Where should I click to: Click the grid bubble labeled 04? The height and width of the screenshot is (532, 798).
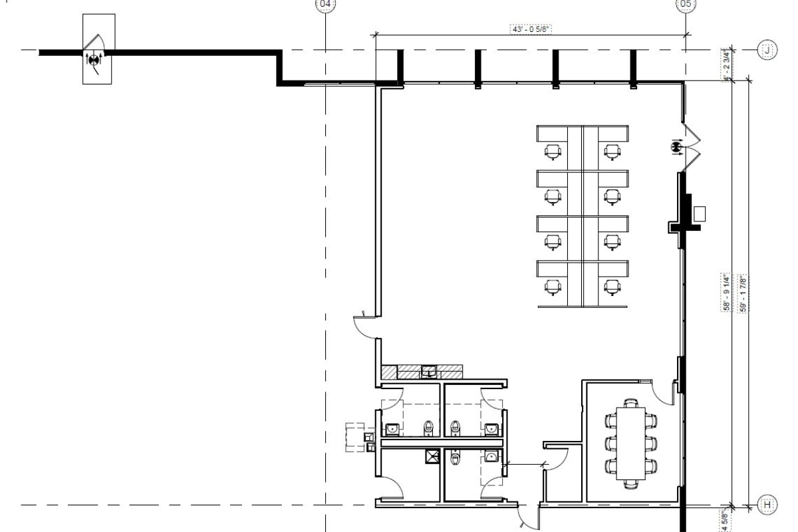pos(325,5)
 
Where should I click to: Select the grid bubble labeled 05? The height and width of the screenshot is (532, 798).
pos(686,5)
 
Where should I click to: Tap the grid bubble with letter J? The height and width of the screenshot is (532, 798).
pos(767,50)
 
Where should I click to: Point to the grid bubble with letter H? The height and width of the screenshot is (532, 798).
pos(767,505)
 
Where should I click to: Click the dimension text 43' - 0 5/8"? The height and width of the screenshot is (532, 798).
pos(532,29)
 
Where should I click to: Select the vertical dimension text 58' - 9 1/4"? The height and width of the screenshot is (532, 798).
pos(727,292)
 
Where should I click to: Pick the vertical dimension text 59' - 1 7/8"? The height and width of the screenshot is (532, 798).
pos(737,292)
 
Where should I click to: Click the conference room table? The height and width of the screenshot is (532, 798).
pos(630,442)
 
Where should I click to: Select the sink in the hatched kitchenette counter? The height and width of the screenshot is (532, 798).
pos(429,371)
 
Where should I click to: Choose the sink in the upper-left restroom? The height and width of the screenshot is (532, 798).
pos(392,429)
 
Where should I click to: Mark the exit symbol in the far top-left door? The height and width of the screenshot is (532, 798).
pos(94,59)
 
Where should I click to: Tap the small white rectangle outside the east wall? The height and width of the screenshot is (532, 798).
pos(699,213)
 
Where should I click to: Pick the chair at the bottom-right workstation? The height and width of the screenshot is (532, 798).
pos(611,287)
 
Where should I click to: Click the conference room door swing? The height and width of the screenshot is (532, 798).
pos(664,392)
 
